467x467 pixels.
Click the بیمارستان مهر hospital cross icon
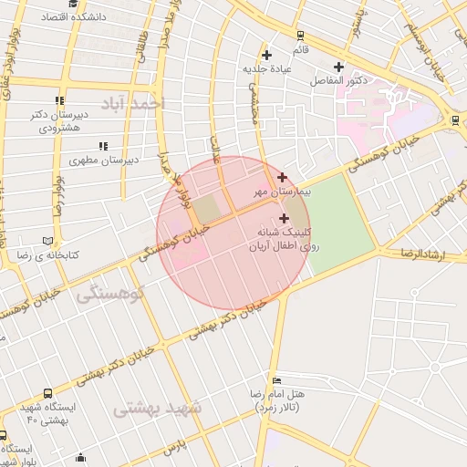point(282,177)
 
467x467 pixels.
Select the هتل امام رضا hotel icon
point(276,379)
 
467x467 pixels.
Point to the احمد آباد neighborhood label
point(135,103)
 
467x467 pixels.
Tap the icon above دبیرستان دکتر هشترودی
point(59,100)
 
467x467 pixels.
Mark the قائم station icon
point(300,35)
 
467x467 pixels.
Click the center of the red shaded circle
point(233,233)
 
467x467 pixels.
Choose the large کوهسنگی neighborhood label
point(111,296)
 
